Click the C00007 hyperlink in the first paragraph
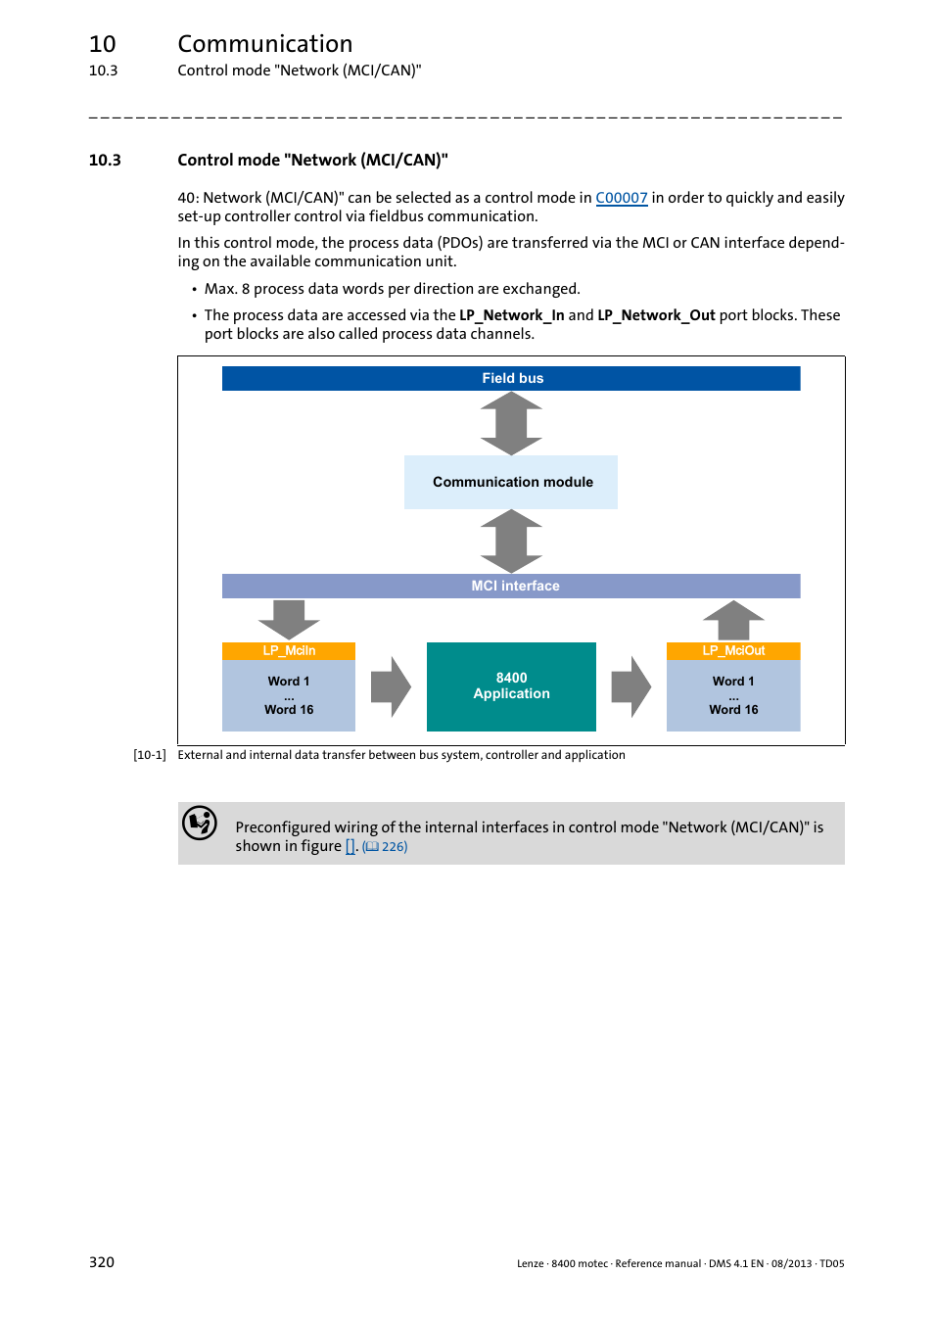(x=621, y=198)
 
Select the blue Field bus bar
(x=511, y=378)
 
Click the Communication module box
(x=511, y=482)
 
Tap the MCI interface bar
(x=511, y=586)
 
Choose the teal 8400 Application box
(x=511, y=686)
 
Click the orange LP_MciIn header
(x=289, y=651)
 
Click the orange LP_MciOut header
(x=733, y=651)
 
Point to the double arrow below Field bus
(x=511, y=423)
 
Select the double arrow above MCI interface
(x=511, y=541)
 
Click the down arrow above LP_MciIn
(x=289, y=619)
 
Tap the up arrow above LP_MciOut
(x=733, y=621)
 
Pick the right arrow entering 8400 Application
(x=391, y=686)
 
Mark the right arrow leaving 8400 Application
(x=630, y=686)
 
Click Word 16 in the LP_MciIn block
(x=289, y=710)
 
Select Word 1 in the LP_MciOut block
(x=733, y=682)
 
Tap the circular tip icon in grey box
(x=200, y=824)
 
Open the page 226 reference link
(x=386, y=847)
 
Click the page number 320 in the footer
(x=102, y=1262)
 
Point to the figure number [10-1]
(x=150, y=755)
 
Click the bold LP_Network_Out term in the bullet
(x=656, y=315)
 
